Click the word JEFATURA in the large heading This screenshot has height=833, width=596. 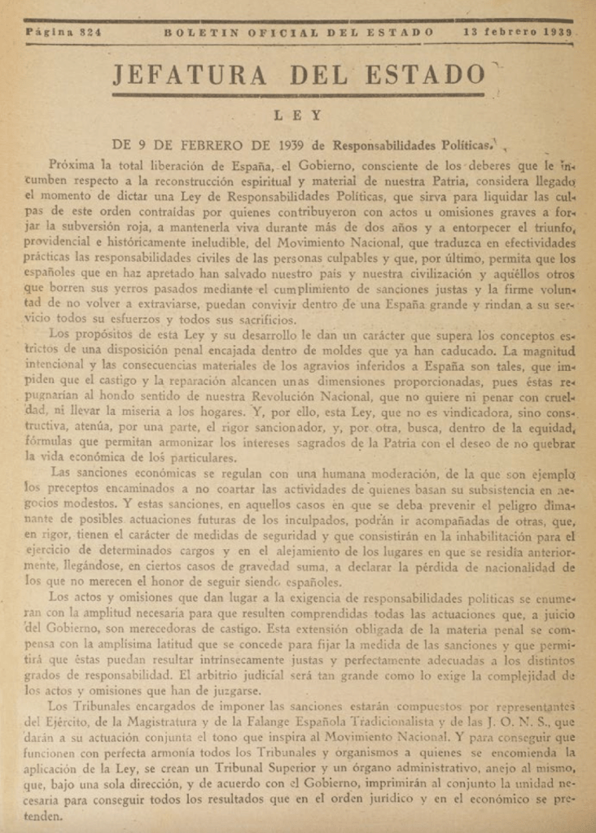tap(189, 76)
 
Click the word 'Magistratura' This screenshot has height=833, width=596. tap(210, 721)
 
